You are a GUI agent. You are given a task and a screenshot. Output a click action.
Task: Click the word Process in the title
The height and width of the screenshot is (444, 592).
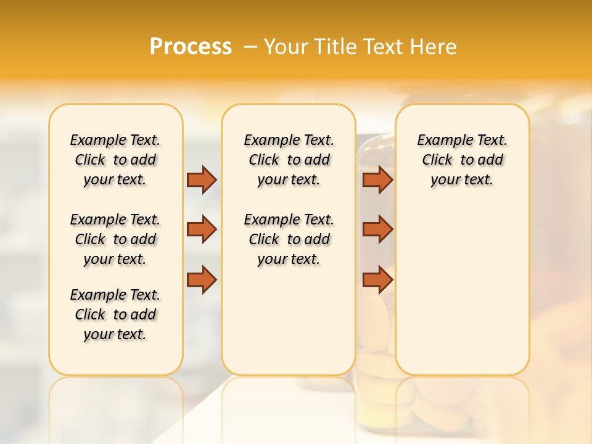pos(191,47)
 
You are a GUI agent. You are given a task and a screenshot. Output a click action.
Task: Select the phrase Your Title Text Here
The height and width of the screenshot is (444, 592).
pos(360,47)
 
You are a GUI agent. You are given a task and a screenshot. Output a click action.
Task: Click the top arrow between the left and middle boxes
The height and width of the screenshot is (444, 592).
pos(202,179)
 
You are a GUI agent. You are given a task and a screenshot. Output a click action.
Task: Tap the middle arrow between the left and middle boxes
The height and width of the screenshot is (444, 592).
pos(202,229)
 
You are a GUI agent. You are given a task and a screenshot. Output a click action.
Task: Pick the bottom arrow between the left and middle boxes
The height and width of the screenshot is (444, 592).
pos(202,280)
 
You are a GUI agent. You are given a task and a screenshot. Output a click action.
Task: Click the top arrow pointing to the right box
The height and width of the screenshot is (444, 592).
pos(377,179)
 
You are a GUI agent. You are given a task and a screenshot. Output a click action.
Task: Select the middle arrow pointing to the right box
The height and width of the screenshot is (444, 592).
pos(377,229)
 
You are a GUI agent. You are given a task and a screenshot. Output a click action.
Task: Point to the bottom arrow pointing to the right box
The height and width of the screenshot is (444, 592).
pos(377,280)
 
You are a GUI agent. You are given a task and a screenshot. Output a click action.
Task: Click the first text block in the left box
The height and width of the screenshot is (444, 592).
pos(115,160)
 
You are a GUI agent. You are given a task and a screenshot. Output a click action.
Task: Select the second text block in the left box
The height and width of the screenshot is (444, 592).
pos(115,239)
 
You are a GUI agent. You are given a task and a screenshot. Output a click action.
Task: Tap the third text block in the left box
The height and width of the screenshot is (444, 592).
pos(115,314)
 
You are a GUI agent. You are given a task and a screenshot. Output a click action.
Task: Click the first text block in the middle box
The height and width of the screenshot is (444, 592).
pos(289,160)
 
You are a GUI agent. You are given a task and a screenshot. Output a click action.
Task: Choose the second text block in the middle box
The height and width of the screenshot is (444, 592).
pos(289,239)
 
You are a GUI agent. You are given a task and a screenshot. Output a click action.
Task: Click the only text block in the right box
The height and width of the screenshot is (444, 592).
pos(462,160)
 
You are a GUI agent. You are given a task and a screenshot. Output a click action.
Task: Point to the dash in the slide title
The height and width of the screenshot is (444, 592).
pos(250,47)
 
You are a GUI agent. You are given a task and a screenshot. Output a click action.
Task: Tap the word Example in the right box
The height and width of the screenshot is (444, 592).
pos(440,140)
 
